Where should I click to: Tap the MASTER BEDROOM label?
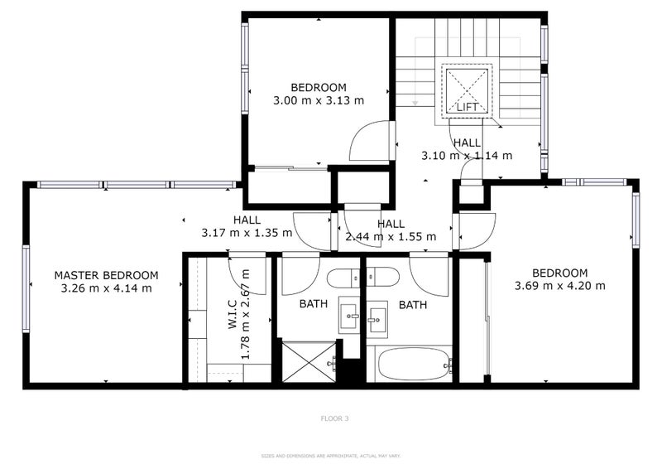coord(106,275)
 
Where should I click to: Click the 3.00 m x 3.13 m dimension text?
coord(319,100)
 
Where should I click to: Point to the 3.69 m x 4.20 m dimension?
coord(559,286)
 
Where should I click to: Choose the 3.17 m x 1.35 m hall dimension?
coord(247,234)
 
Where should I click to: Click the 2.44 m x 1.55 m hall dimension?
coord(390,236)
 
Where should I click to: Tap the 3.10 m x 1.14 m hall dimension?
coord(467,155)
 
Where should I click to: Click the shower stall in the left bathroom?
coord(308,361)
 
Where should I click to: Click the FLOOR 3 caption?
coord(334,419)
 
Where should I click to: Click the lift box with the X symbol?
coord(468,85)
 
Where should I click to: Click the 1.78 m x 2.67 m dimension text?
coord(245,323)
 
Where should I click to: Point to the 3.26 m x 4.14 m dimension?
coord(106,288)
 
